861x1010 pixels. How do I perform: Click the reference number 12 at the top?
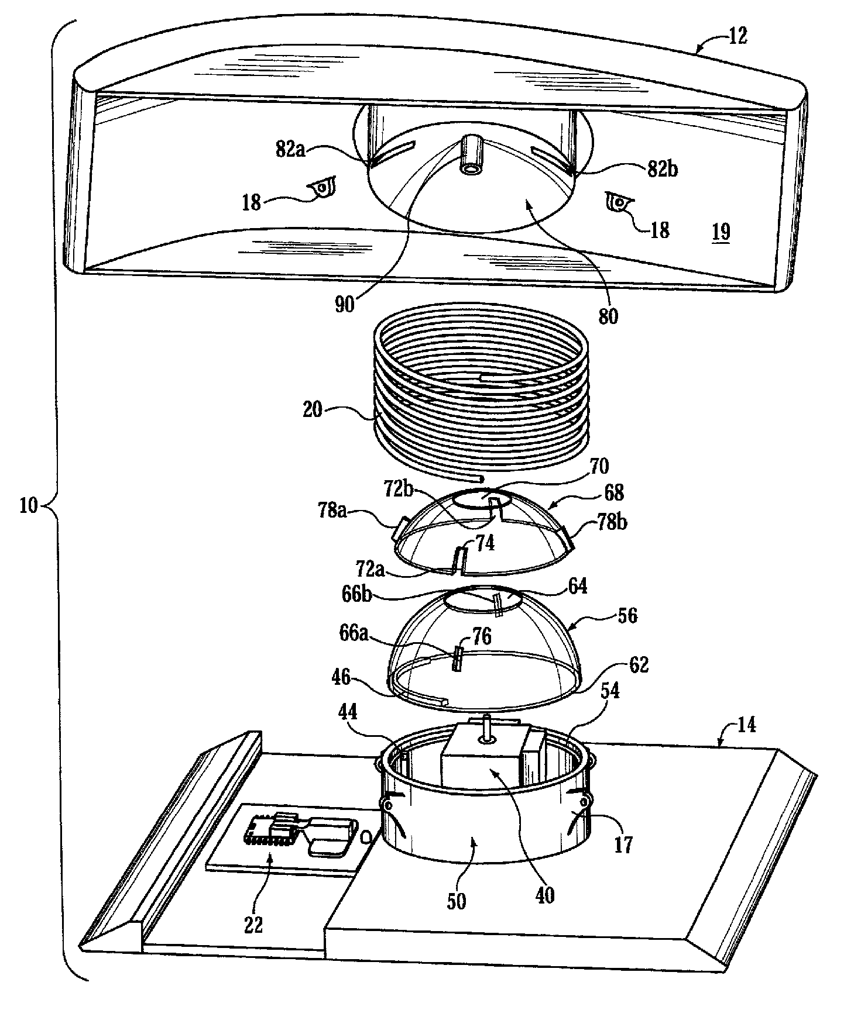point(738,36)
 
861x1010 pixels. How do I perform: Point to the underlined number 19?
point(721,232)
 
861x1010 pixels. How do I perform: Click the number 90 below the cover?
point(345,305)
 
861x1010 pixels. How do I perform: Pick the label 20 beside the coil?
point(313,409)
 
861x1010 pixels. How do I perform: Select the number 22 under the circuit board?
point(254,925)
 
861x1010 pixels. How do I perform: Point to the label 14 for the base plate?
point(746,725)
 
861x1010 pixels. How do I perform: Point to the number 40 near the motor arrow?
point(544,895)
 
